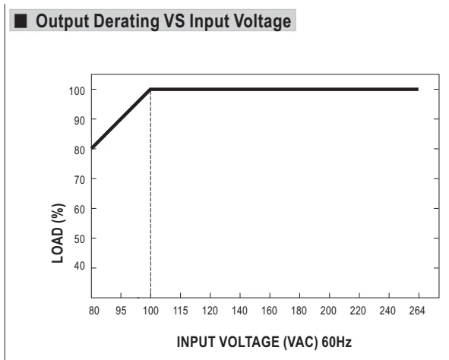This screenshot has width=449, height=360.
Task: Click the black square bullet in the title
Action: (x=21, y=21)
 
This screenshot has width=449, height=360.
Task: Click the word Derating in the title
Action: (x=126, y=22)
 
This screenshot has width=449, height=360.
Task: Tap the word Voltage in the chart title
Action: (x=262, y=22)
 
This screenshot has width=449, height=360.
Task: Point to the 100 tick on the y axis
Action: (x=77, y=91)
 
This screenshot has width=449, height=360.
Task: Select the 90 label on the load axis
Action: (x=80, y=121)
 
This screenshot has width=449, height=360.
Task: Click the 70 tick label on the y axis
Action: (x=80, y=180)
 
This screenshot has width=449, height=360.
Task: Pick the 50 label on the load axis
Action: (x=80, y=239)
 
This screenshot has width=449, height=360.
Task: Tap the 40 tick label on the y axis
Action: (x=80, y=266)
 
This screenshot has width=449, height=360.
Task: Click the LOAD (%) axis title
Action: (x=58, y=233)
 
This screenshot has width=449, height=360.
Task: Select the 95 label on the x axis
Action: (x=121, y=311)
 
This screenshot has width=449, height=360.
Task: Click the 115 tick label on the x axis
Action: (x=180, y=311)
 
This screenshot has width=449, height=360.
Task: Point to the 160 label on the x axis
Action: (x=269, y=311)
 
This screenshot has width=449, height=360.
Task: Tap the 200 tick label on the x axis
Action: (x=328, y=311)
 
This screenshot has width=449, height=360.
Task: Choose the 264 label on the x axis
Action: (x=417, y=311)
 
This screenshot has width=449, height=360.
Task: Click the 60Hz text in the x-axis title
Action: (x=337, y=342)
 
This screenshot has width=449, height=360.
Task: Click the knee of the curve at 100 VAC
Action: (x=150, y=90)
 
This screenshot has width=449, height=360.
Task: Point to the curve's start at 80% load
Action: (x=92, y=148)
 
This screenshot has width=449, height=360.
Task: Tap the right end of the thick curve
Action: (x=418, y=90)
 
